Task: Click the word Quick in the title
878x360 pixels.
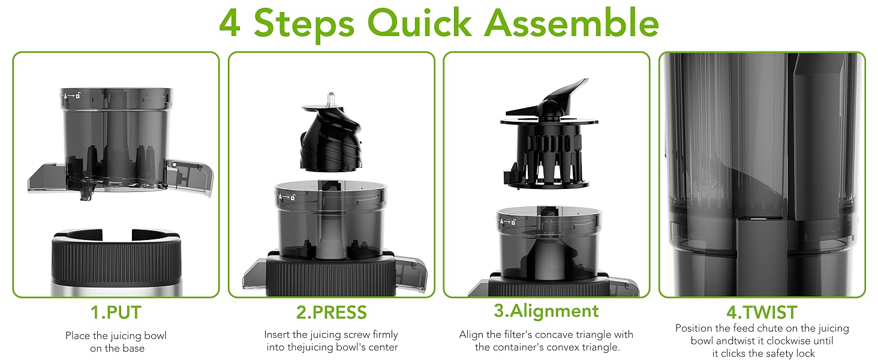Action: click(419, 23)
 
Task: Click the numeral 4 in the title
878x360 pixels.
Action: click(230, 23)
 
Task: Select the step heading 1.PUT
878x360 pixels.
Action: click(116, 313)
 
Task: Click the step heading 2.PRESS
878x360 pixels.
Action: click(331, 313)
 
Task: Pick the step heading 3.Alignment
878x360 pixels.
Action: click(546, 311)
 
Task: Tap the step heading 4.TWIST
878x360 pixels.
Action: click(762, 313)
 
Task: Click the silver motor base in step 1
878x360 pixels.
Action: click(116, 290)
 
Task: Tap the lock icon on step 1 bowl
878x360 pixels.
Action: click(78, 95)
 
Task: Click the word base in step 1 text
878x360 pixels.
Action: click(133, 348)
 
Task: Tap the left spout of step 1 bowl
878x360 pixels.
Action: click(47, 178)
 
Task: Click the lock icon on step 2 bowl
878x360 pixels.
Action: click(293, 197)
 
